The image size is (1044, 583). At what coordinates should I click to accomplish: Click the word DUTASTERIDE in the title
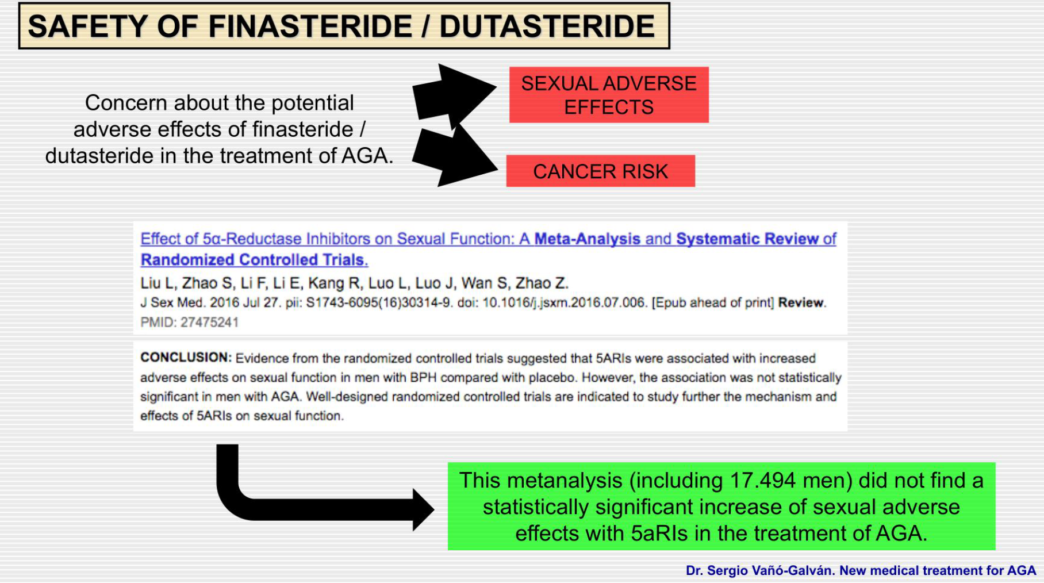coord(547,26)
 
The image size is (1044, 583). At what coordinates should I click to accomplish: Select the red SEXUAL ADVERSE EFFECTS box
coord(609,95)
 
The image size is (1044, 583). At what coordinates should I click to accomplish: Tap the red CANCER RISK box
coord(600,171)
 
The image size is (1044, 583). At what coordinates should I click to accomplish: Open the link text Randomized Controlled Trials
coord(254,260)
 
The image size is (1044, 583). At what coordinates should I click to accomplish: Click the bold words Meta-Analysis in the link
coord(587,239)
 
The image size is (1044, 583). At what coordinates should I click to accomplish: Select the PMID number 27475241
coord(209,323)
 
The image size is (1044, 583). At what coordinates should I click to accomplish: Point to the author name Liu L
coord(158,283)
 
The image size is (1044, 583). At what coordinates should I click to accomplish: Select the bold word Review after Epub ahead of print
coord(801,303)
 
